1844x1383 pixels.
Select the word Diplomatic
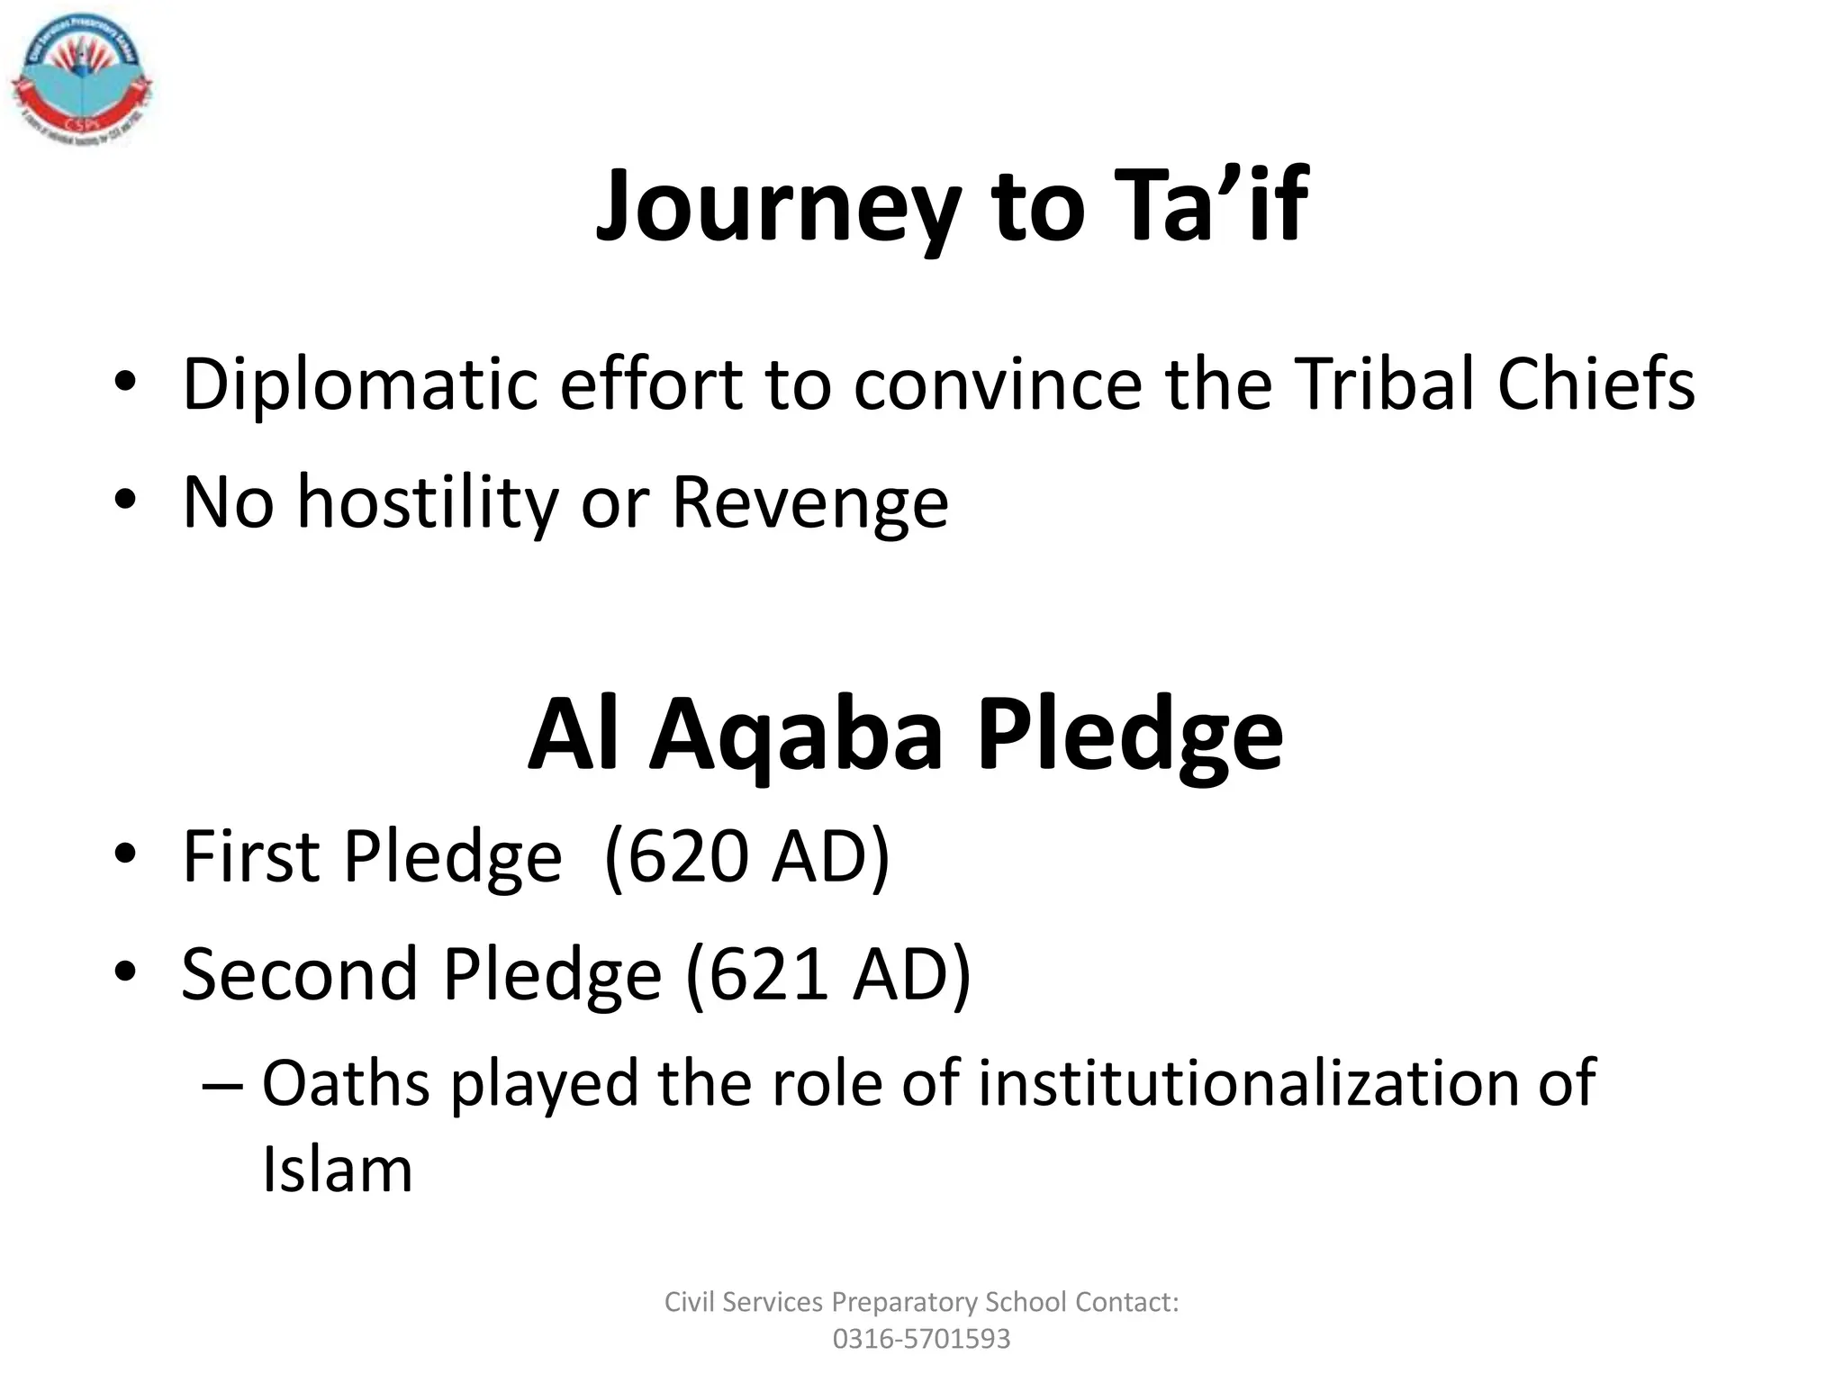pos(358,385)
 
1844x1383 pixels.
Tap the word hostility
pos(428,502)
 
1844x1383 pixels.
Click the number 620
pos(688,855)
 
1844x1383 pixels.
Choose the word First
pos(251,855)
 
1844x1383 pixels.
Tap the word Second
pos(300,974)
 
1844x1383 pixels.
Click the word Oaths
pos(346,1082)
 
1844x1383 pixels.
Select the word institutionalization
pos(1246,1082)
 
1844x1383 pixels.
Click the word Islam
pos(338,1170)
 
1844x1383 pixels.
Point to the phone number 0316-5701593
pos(921,1339)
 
